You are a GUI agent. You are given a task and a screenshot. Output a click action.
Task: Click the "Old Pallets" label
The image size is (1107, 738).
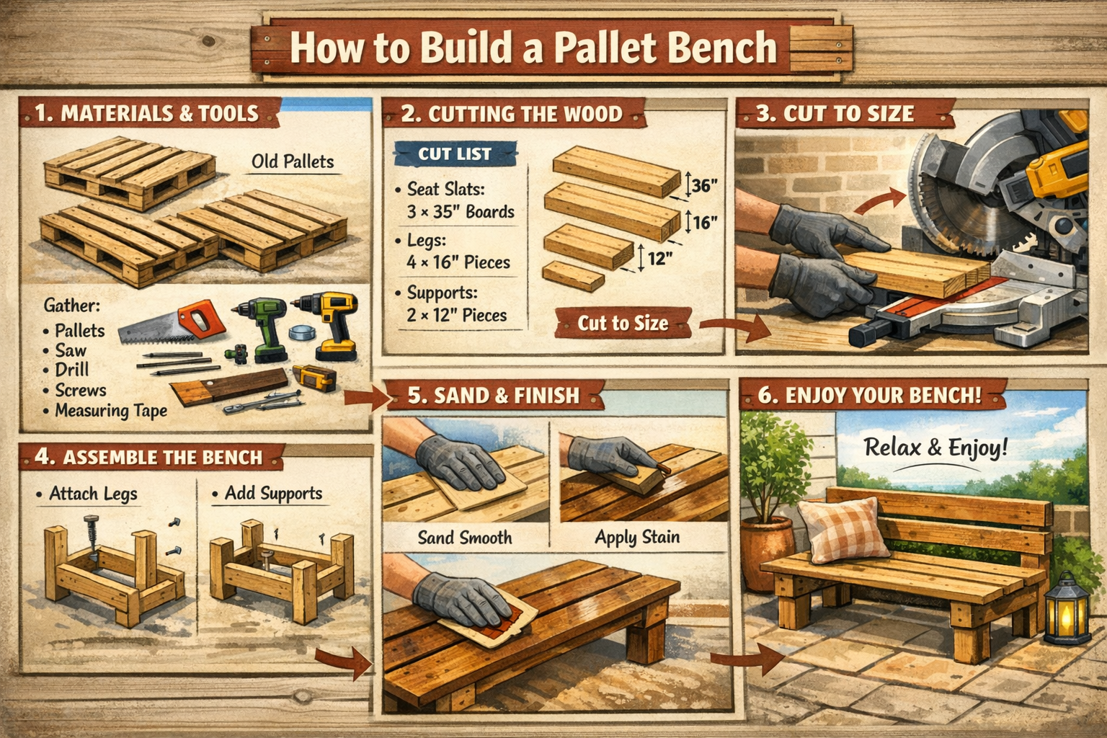click(x=293, y=161)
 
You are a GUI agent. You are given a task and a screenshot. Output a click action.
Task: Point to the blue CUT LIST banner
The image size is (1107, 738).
click(x=455, y=154)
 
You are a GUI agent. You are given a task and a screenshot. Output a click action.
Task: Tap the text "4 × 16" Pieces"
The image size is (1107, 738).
click(x=458, y=262)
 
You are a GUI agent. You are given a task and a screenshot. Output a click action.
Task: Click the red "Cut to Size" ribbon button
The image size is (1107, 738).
click(x=623, y=324)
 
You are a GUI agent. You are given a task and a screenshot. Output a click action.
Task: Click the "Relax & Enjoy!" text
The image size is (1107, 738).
click(x=935, y=448)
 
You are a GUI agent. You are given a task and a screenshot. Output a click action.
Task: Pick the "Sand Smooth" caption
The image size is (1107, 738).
click(x=465, y=538)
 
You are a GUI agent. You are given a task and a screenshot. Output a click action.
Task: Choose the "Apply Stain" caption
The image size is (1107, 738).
click(x=637, y=537)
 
